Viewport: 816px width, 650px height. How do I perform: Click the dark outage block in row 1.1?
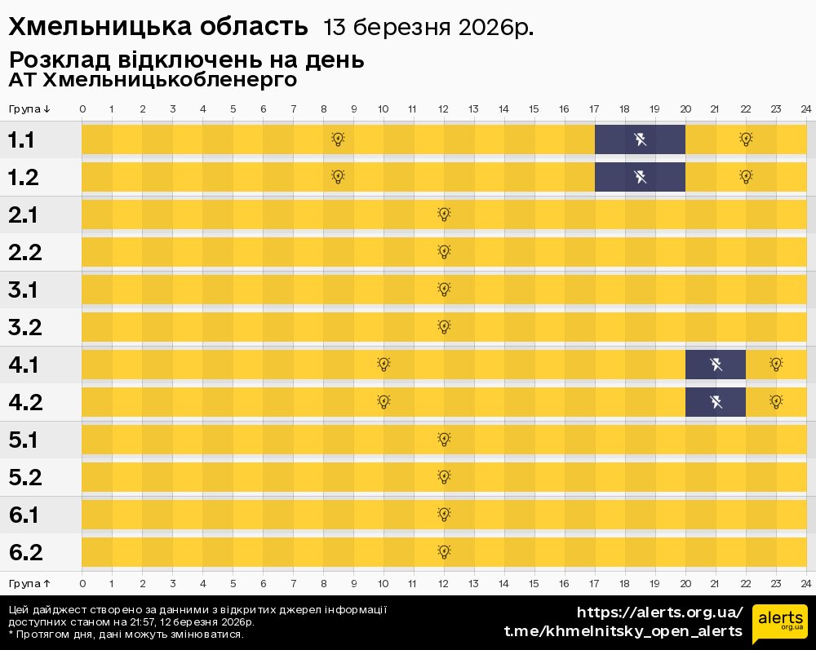coord(640,139)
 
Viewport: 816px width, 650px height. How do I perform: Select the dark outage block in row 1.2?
coord(640,177)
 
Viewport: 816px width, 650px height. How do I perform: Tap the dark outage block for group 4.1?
coord(716,364)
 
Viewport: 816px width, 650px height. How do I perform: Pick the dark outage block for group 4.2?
coord(716,401)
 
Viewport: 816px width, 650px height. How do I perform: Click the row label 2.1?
coord(25,215)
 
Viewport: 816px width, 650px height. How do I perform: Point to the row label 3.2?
coord(25,328)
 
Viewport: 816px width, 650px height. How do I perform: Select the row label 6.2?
coord(25,553)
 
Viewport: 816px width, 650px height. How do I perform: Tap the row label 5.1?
coord(25,440)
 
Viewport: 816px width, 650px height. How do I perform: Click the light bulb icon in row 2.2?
coord(444,252)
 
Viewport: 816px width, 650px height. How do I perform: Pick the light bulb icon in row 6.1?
coord(444,515)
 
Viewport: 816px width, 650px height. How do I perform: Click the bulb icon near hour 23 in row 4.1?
coord(776,364)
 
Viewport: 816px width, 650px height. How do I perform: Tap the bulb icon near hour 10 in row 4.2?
coord(384,401)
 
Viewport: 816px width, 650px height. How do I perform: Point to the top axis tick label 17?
coord(594,109)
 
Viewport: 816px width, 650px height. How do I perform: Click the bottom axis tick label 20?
coord(685,583)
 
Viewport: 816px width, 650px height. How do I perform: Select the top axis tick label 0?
coord(82,109)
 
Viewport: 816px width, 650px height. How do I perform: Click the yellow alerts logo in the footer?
coord(779,624)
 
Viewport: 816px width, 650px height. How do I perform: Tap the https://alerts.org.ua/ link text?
coord(660,612)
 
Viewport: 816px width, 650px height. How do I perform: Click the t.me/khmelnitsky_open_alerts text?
coord(623,631)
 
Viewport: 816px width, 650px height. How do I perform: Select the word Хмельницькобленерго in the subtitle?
coord(169,81)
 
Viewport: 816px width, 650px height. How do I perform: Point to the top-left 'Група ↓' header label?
coord(30,109)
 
